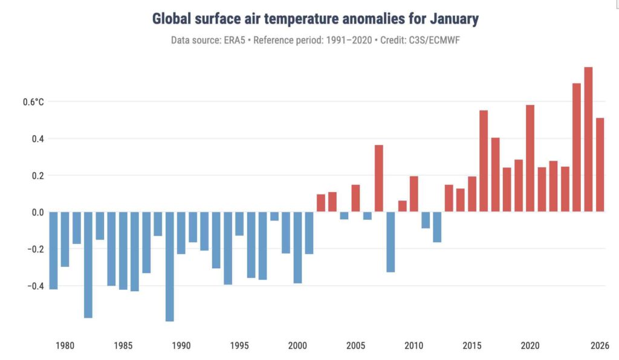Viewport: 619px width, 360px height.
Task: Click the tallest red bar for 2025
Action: [588, 139]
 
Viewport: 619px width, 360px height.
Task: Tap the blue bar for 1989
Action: [170, 266]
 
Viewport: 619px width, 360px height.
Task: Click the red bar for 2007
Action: [379, 178]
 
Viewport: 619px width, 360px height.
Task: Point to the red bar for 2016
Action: [484, 161]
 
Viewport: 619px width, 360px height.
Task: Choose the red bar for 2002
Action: [320, 203]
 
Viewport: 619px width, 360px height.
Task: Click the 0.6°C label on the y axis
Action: [33, 101]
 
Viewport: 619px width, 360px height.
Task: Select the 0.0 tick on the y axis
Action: [37, 212]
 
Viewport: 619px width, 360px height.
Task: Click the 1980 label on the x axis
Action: [65, 346]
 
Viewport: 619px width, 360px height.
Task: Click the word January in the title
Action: [453, 19]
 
